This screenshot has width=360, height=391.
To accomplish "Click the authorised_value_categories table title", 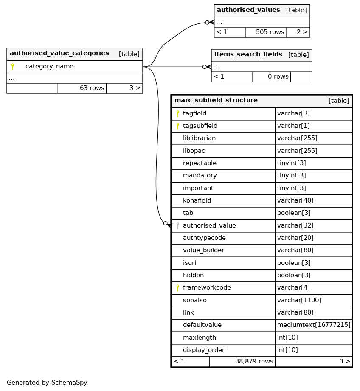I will coord(59,53).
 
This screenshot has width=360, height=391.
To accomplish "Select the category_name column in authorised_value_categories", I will coord(49,67).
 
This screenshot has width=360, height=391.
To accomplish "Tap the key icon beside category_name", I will coord(13,67).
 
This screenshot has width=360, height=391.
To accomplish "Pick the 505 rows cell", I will coord(270,32).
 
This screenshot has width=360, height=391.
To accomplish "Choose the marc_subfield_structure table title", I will coord(216,100).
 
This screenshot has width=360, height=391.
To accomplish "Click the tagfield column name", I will coord(194,113).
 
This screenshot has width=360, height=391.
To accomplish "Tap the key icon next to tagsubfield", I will coord(177,126).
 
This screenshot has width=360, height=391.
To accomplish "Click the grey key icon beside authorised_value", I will coord(177,225).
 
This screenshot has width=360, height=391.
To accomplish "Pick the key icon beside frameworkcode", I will coord(177,287).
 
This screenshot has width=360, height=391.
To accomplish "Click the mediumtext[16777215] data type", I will coord(314,325).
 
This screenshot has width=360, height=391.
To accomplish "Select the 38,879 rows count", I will coord(254,361).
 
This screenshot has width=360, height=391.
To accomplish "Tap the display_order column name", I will coord(203,350).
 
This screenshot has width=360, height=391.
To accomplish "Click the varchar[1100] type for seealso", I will coord(299,300).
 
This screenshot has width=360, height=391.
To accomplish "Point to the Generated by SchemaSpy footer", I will coord(47,383).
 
